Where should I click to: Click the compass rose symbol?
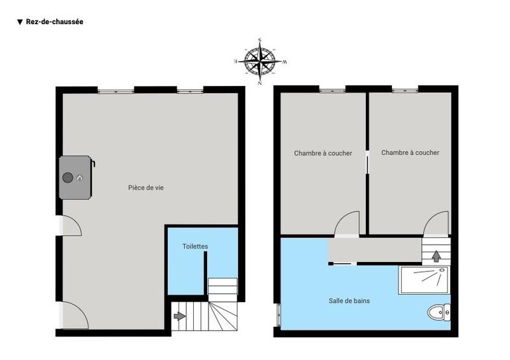(x=260, y=62)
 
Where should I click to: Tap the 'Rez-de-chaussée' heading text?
(x=55, y=22)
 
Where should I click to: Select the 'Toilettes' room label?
(x=194, y=247)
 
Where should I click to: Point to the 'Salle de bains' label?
(x=350, y=301)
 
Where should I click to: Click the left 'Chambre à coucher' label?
(x=323, y=153)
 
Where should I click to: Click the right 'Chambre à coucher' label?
(x=410, y=153)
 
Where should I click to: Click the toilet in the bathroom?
(x=439, y=312)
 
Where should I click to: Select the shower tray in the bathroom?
(x=424, y=280)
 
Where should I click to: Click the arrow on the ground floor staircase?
(x=180, y=315)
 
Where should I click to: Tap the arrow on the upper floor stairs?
(x=437, y=256)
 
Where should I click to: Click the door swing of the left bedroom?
(x=349, y=224)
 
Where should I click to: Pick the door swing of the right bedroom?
(x=437, y=224)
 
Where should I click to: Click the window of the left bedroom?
(x=331, y=89)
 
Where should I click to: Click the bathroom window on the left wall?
(x=278, y=315)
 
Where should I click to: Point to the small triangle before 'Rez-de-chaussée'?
(x=20, y=22)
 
